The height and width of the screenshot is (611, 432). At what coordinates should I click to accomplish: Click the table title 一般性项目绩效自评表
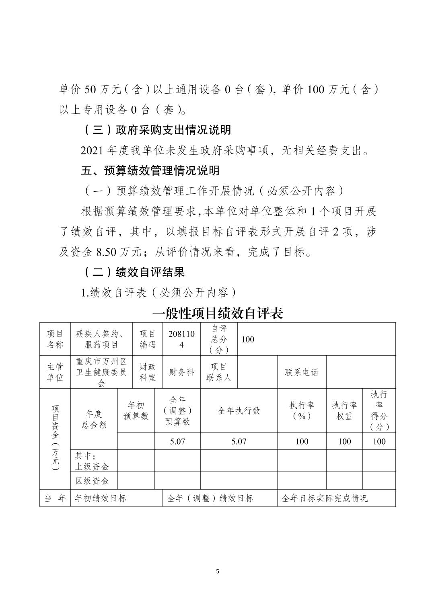click(218, 313)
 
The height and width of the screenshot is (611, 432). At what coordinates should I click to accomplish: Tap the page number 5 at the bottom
click(218, 571)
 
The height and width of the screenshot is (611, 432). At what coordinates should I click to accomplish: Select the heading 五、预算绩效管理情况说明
click(150, 170)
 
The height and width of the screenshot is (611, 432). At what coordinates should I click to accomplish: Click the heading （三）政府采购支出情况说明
click(157, 130)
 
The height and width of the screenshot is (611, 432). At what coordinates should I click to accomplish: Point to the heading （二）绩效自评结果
click(134, 272)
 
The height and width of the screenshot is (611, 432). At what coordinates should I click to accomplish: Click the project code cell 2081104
click(181, 339)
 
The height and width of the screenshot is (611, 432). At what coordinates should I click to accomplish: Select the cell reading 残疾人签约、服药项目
click(101, 339)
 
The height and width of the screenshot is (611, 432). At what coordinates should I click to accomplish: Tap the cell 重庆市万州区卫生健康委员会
click(101, 372)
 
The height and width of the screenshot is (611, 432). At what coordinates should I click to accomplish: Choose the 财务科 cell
click(181, 372)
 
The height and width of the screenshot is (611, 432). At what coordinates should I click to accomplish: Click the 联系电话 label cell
click(301, 372)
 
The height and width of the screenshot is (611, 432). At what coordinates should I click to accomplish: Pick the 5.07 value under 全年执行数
click(239, 441)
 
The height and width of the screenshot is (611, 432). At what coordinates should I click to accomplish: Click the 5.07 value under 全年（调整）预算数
click(177, 441)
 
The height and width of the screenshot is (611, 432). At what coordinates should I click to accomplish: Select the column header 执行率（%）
click(302, 410)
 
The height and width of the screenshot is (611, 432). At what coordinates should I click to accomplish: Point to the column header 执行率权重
click(344, 410)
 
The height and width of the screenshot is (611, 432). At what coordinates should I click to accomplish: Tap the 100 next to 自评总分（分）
click(248, 339)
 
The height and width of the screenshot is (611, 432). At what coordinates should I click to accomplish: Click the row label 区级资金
click(92, 481)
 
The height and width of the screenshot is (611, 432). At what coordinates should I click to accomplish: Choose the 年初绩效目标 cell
click(101, 498)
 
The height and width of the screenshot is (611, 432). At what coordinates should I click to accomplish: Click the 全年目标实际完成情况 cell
click(325, 498)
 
